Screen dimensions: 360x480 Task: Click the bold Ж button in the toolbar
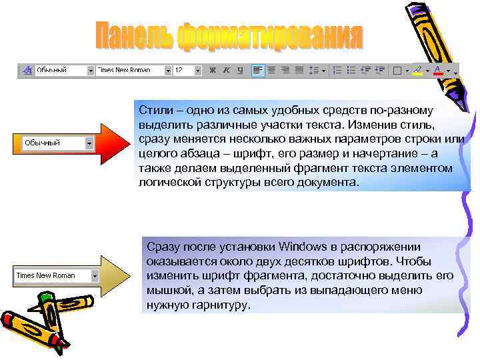point(213,70)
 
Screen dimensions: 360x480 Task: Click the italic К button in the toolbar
point(227,70)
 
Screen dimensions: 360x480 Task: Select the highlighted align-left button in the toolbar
point(258,70)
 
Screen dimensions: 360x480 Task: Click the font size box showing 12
point(183,70)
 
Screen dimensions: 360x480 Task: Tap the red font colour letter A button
point(437,70)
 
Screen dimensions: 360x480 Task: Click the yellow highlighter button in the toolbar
point(417,70)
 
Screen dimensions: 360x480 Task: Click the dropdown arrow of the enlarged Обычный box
point(89,143)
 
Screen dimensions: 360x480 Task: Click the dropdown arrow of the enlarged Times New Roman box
point(95,275)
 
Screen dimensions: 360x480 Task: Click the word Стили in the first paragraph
point(153,110)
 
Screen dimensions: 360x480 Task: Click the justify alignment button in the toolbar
point(299,70)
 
